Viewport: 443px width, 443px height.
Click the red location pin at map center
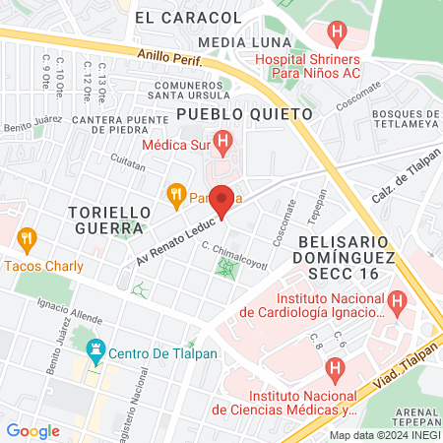221,201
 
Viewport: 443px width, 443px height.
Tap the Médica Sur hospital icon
224,144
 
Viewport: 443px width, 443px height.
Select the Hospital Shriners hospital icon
339,34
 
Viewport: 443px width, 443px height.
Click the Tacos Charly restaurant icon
27,238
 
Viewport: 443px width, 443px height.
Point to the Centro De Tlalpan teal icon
95,348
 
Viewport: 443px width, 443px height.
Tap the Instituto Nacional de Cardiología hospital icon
397,300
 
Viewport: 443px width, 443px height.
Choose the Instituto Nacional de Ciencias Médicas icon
335,370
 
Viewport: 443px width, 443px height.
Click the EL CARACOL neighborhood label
173,17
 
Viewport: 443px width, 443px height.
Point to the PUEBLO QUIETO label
244,114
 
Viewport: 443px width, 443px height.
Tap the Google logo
32,430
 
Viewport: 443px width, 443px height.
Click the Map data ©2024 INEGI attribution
384,434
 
